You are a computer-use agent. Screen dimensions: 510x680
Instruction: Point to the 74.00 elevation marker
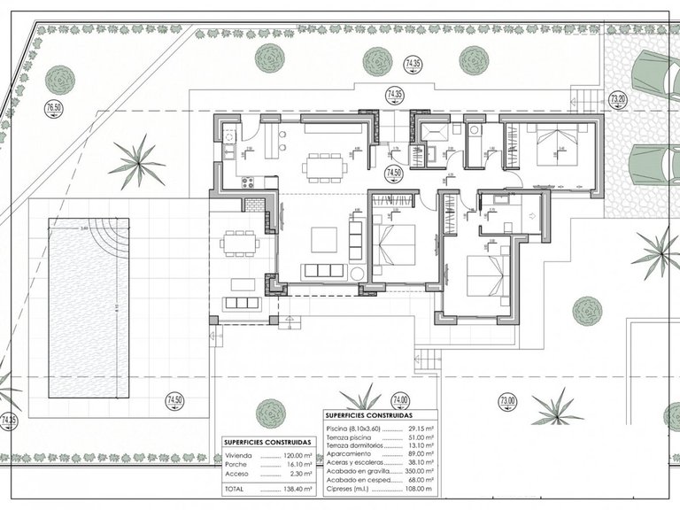point(401,399)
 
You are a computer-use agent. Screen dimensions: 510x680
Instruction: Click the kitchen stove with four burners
point(247,183)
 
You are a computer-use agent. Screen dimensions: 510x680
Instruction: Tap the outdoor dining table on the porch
point(241,242)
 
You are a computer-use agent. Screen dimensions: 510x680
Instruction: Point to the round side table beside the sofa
point(358,273)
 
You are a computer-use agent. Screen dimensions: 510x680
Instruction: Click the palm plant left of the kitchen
point(138,162)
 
